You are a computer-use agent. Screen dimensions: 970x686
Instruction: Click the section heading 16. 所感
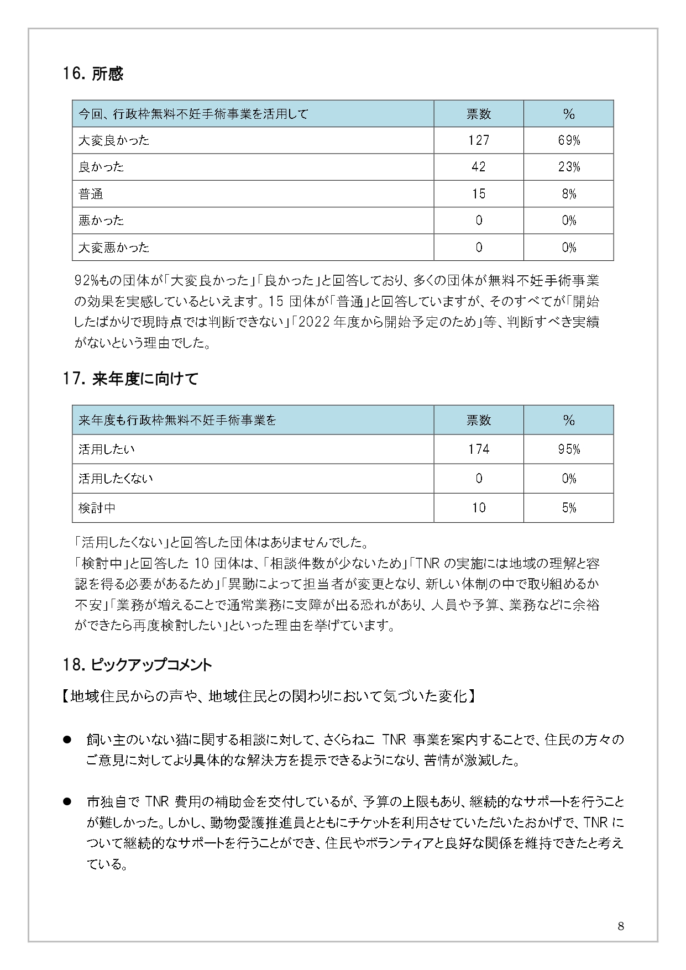pyautogui.click(x=93, y=74)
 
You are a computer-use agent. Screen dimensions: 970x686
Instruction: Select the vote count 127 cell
pyautogui.click(x=478, y=140)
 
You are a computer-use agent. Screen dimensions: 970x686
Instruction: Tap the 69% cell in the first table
pyautogui.click(x=568, y=140)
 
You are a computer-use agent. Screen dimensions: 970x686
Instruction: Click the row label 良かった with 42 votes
pyautogui.click(x=101, y=167)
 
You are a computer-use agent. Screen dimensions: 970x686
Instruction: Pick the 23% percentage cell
pyautogui.click(x=568, y=167)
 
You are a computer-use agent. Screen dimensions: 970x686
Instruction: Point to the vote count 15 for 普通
pyautogui.click(x=478, y=193)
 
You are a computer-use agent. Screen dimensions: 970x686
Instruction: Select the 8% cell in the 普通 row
pyautogui.click(x=568, y=193)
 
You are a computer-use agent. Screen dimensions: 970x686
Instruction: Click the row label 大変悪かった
pyautogui.click(x=114, y=247)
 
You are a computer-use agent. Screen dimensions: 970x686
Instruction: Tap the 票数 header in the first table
pyautogui.click(x=478, y=114)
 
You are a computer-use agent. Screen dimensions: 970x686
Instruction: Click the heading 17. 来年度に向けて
pyautogui.click(x=130, y=379)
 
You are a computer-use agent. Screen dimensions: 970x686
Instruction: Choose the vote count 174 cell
pyautogui.click(x=478, y=449)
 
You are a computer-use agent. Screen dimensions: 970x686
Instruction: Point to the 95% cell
pyautogui.click(x=568, y=449)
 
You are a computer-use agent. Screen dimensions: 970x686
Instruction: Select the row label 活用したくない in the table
pyautogui.click(x=116, y=479)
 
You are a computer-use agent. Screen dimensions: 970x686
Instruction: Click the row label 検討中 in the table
pyautogui.click(x=97, y=508)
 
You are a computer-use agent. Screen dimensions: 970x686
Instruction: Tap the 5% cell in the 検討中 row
pyautogui.click(x=568, y=508)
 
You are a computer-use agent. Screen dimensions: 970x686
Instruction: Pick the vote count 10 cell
pyautogui.click(x=478, y=508)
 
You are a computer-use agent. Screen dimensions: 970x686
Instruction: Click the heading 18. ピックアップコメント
pyautogui.click(x=138, y=665)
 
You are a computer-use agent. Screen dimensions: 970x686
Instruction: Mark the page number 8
pyautogui.click(x=621, y=926)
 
